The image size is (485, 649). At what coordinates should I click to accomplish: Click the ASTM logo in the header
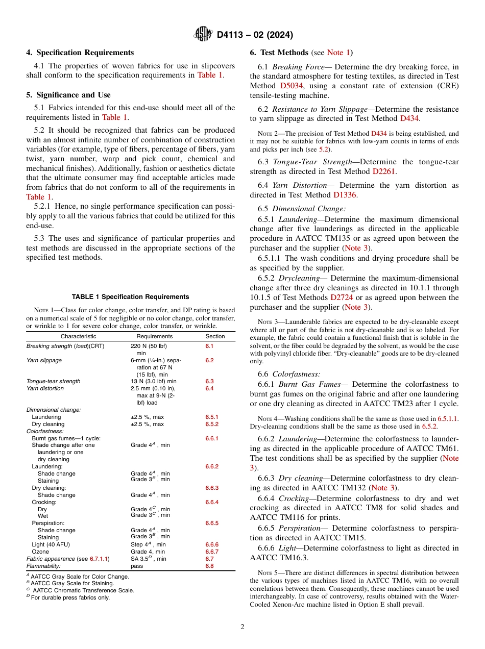(x=203, y=35)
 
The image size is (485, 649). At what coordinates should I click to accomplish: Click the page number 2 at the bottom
(x=243, y=627)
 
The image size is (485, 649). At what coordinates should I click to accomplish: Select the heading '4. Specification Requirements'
(x=80, y=53)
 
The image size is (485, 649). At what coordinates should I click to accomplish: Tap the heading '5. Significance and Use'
(x=68, y=95)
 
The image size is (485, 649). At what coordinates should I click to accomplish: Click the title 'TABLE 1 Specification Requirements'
(x=131, y=296)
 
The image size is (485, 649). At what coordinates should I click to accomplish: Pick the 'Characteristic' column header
(x=78, y=336)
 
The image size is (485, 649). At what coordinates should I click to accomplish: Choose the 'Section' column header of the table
(x=215, y=336)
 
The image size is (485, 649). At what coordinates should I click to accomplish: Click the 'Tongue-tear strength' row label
(x=53, y=381)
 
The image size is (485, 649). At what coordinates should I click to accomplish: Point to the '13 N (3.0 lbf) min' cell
(x=153, y=381)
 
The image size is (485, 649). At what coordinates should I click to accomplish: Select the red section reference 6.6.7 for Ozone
(x=211, y=552)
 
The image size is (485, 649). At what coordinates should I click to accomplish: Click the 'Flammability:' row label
(x=43, y=566)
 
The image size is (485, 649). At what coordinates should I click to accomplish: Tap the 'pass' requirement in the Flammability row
(x=136, y=566)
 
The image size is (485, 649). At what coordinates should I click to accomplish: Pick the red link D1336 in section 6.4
(x=345, y=195)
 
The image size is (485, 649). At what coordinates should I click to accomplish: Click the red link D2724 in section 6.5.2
(x=341, y=297)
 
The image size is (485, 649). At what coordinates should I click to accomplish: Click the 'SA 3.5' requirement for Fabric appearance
(x=140, y=559)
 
